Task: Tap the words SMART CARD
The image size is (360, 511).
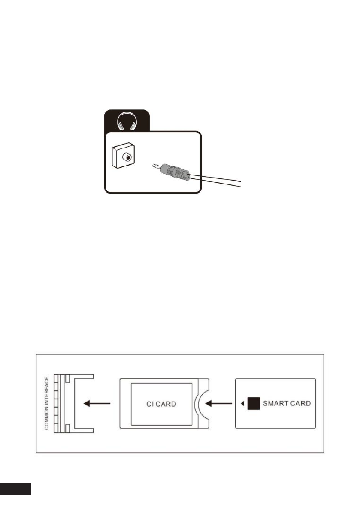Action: coord(286,404)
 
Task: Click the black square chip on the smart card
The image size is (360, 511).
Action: coord(254,404)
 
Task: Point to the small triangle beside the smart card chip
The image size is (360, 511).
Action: coord(242,404)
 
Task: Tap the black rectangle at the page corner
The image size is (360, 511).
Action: coord(15,488)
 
